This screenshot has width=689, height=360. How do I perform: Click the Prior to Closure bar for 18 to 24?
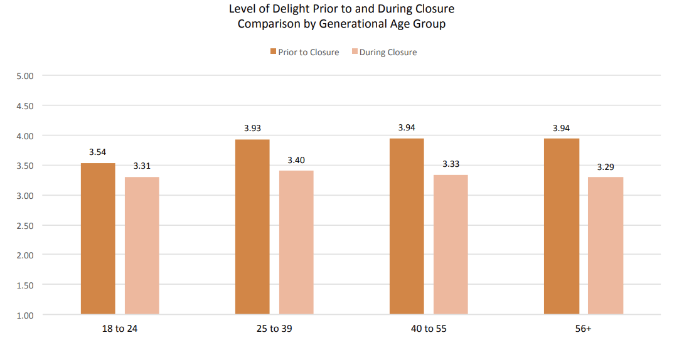point(98,238)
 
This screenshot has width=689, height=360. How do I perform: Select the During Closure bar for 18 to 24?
point(142,245)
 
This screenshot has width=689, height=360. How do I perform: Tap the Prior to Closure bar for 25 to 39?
point(252,226)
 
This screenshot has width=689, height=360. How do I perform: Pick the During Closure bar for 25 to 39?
point(296,242)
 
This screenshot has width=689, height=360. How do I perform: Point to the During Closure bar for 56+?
point(606,245)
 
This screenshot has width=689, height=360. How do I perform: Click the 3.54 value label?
point(98,152)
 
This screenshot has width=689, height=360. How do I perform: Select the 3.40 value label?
point(296,160)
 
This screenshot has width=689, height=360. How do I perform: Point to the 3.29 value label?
point(606,167)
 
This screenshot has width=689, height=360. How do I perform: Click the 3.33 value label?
point(451,164)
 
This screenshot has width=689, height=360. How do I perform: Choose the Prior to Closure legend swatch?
point(273,52)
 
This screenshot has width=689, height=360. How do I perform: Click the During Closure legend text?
point(388,53)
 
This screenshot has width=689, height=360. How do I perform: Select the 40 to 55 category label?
point(429,329)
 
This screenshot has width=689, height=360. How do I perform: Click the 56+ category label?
point(583,329)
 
